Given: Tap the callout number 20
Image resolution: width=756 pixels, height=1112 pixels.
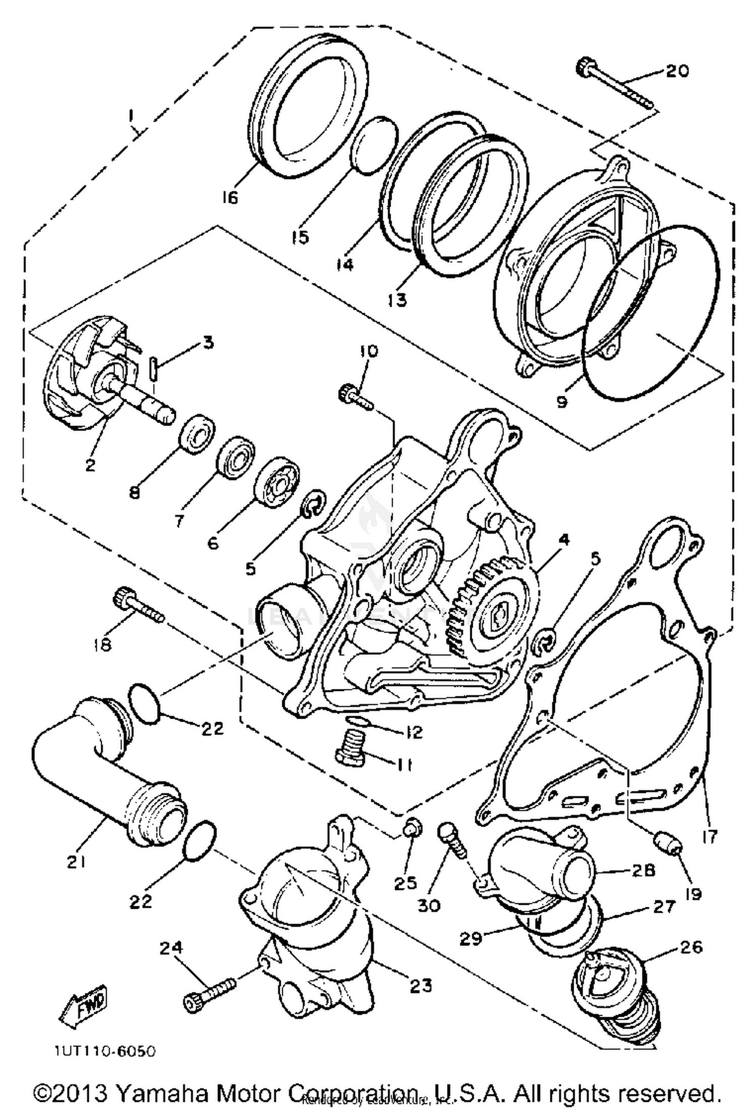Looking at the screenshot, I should pos(676,71).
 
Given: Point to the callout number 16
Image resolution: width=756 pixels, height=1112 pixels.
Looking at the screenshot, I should pos(229,198).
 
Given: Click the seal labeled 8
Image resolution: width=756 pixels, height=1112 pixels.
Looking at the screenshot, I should pos(199,434).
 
